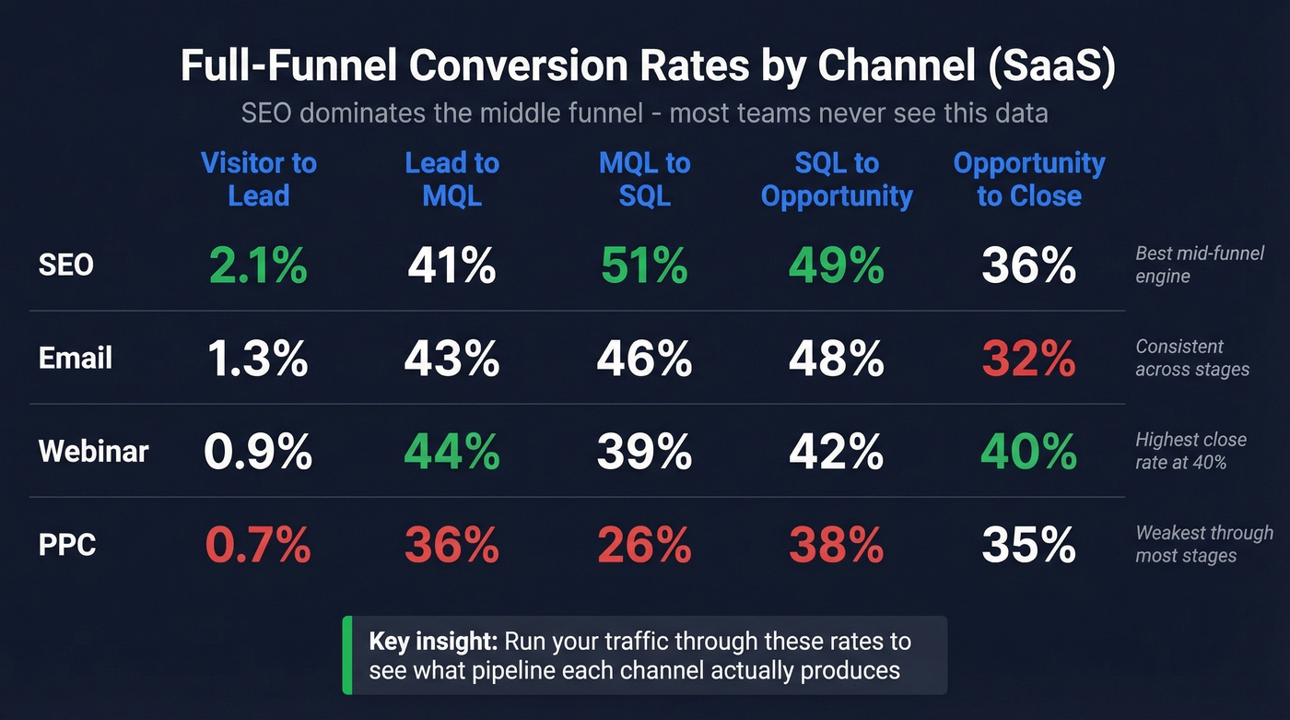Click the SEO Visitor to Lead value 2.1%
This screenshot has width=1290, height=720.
point(258,266)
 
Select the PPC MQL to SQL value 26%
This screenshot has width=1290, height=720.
point(644,546)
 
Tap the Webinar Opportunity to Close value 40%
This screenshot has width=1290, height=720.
point(1028,453)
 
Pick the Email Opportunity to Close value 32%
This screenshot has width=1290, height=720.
point(1028,359)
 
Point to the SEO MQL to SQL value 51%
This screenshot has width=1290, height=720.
point(644,266)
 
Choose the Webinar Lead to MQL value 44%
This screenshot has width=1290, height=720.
point(451,453)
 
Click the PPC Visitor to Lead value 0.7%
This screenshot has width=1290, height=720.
point(258,546)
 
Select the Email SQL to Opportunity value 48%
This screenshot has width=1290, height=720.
point(836,359)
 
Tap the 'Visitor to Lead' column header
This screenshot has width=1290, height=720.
point(258,180)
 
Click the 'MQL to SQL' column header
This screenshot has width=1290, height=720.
point(644,180)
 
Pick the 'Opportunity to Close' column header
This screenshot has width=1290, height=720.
point(1028,180)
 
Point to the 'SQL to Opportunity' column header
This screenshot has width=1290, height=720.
point(836,180)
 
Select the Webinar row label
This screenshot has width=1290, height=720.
point(93,452)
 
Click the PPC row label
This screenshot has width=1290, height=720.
point(67,545)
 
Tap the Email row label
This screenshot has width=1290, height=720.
point(75,358)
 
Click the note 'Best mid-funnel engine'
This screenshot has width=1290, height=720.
point(1199,265)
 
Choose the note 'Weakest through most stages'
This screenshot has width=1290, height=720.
point(1203,544)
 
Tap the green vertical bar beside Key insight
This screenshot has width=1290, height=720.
point(346,655)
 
